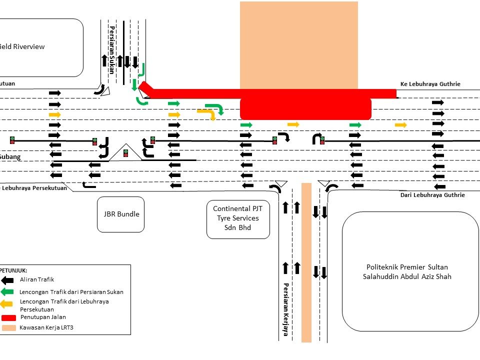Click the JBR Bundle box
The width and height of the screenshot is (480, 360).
[x=120, y=214]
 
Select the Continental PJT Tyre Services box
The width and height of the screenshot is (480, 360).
[x=238, y=218]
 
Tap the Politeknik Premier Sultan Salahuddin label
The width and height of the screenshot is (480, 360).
[x=409, y=271]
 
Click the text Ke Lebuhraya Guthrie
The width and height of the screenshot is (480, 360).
[x=430, y=84]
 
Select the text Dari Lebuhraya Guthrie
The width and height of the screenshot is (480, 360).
[x=432, y=195]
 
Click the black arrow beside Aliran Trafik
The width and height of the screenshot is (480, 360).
[x=7, y=280]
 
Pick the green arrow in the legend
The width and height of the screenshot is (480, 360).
[x=7, y=291]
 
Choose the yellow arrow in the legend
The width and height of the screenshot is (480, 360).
[x=7, y=303]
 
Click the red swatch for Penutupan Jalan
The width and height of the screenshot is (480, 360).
[x=9, y=317]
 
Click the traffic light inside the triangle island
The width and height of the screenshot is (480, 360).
[x=125, y=153]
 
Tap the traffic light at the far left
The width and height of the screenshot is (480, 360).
[x=12, y=140]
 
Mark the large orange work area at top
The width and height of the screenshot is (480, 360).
[x=299, y=45]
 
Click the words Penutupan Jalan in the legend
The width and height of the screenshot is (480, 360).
[x=43, y=317]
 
